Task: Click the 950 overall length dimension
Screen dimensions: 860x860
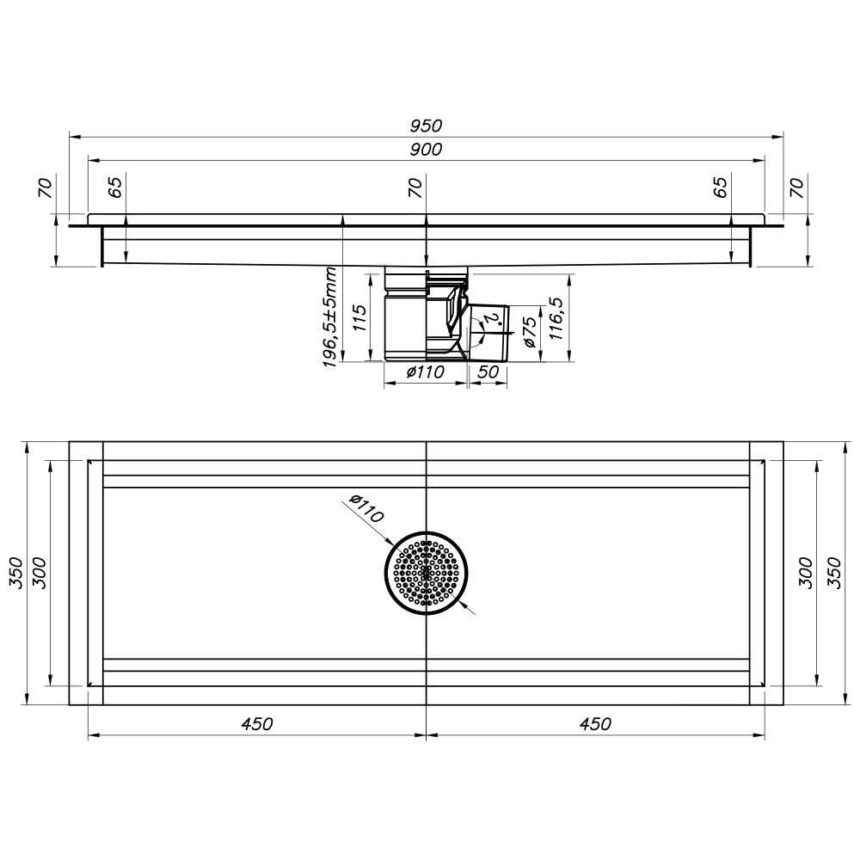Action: (426, 126)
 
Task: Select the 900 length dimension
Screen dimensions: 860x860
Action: (426, 150)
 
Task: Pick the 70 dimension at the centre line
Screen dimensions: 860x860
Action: (415, 187)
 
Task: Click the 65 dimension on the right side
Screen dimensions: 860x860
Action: (722, 187)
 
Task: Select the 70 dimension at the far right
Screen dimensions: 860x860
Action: (796, 187)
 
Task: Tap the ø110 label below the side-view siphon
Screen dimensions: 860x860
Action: (424, 372)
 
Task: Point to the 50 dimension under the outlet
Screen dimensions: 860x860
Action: (488, 372)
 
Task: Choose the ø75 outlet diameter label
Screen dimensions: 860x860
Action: (531, 332)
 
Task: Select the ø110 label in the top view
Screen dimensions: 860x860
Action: (361, 511)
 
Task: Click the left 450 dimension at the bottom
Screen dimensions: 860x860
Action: (257, 724)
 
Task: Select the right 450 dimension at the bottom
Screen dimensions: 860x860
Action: (595, 724)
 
